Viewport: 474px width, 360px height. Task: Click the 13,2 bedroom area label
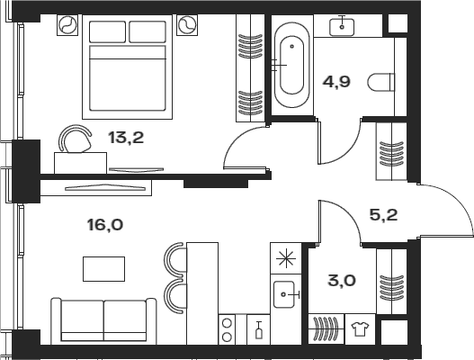126,138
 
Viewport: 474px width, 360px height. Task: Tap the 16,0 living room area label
105,225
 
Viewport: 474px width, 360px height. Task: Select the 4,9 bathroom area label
336,82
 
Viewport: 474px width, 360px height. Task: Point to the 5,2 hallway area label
384,215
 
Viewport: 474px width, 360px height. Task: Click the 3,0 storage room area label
342,281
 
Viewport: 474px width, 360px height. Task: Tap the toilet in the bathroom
381,82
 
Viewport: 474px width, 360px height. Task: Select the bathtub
291,65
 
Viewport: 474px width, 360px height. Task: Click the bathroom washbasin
342,27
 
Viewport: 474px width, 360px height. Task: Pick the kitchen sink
284,294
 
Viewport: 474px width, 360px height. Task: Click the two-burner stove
227,329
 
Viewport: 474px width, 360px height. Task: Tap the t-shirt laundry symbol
360,329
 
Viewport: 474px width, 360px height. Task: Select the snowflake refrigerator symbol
286,259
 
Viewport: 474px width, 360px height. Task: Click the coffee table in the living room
103,269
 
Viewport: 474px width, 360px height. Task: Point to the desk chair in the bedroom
76,139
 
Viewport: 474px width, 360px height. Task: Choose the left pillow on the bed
107,31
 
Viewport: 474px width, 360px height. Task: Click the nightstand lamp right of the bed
187,25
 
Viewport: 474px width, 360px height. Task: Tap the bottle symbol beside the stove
259,330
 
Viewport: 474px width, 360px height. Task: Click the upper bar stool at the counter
175,258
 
